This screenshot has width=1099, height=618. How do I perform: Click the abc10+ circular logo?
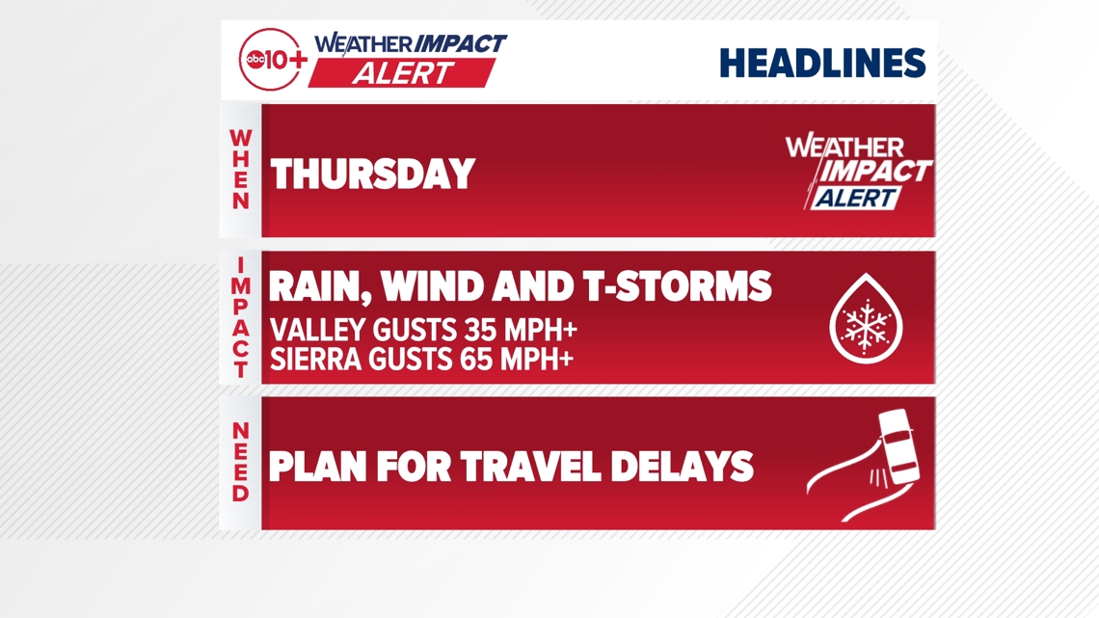(272, 60)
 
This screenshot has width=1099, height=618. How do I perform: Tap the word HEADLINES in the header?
(823, 63)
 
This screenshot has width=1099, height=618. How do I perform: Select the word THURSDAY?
(373, 174)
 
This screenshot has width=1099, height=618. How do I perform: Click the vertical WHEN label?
(240, 170)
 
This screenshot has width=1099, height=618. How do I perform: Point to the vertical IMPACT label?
(240, 317)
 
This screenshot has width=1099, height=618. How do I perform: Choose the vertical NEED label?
(240, 462)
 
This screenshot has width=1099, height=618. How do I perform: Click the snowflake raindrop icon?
(867, 319)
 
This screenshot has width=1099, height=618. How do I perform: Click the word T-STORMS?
(677, 286)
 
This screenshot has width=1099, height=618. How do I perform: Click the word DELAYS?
(682, 467)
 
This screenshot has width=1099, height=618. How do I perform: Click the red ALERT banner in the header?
(402, 73)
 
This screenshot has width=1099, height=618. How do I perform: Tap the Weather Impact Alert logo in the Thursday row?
(859, 172)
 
